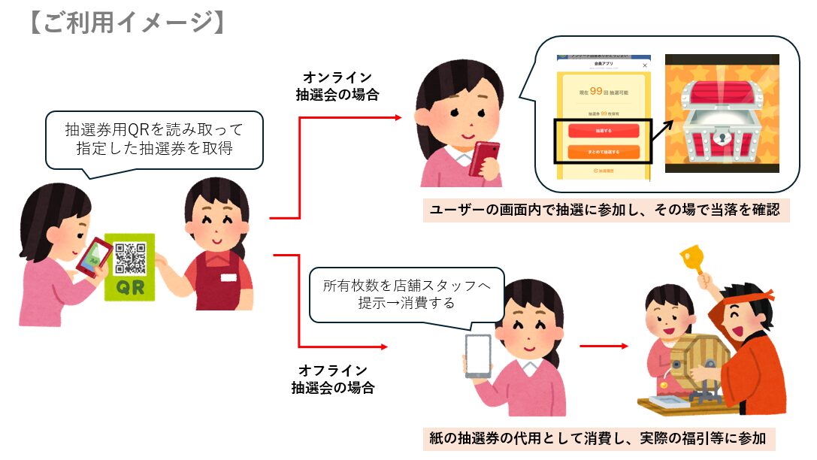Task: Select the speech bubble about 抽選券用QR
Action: pos(155,140)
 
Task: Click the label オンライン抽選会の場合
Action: pos(337,86)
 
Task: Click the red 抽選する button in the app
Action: pos(604,130)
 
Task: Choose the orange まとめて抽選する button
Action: pos(604,152)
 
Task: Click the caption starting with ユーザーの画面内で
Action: pos(605,210)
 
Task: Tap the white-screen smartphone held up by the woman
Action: pos(477,355)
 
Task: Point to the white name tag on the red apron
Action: pos(228,277)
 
